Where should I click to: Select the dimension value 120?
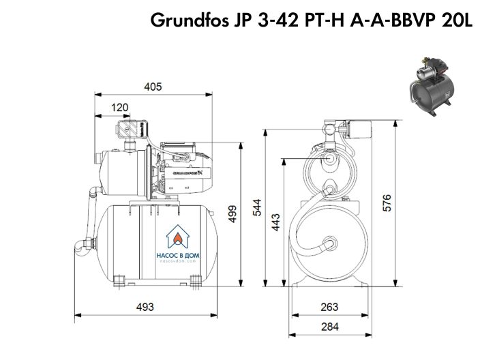[120, 107]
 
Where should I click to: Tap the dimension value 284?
[329, 327]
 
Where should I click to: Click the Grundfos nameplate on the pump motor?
[188, 173]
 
